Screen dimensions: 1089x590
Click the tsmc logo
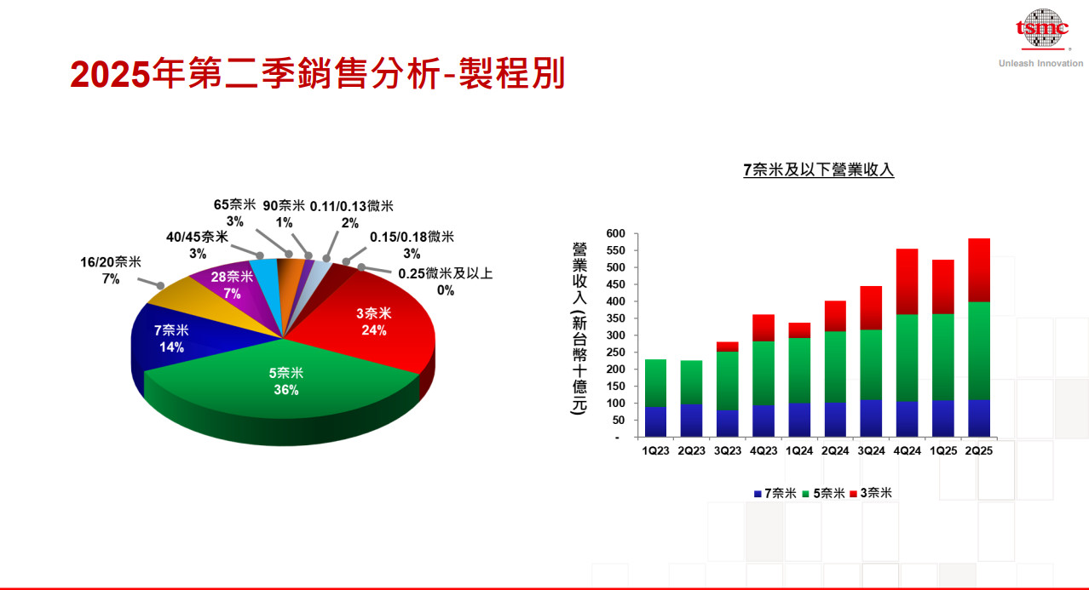tap(1042, 29)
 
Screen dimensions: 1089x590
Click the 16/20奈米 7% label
tap(111, 271)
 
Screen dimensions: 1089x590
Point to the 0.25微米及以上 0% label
tap(446, 282)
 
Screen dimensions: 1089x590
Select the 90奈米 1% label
tap(284, 215)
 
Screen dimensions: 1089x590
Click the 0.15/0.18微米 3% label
tap(412, 245)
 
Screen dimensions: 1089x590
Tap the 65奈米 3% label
tap(235, 213)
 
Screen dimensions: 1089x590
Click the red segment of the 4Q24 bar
tap(907, 282)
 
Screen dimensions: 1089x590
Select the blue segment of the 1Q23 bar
tap(656, 421)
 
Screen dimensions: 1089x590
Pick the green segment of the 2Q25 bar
tap(979, 351)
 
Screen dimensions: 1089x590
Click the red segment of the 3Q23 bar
tap(728, 347)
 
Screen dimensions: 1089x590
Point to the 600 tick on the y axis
tap(615, 233)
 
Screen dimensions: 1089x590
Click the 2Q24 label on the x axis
tap(835, 450)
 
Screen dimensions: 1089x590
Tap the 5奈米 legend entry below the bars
tap(823, 493)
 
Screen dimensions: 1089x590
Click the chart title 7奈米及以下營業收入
tap(819, 170)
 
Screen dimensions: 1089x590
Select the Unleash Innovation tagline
tap(1041, 63)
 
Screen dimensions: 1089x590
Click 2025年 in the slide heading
tap(127, 74)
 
